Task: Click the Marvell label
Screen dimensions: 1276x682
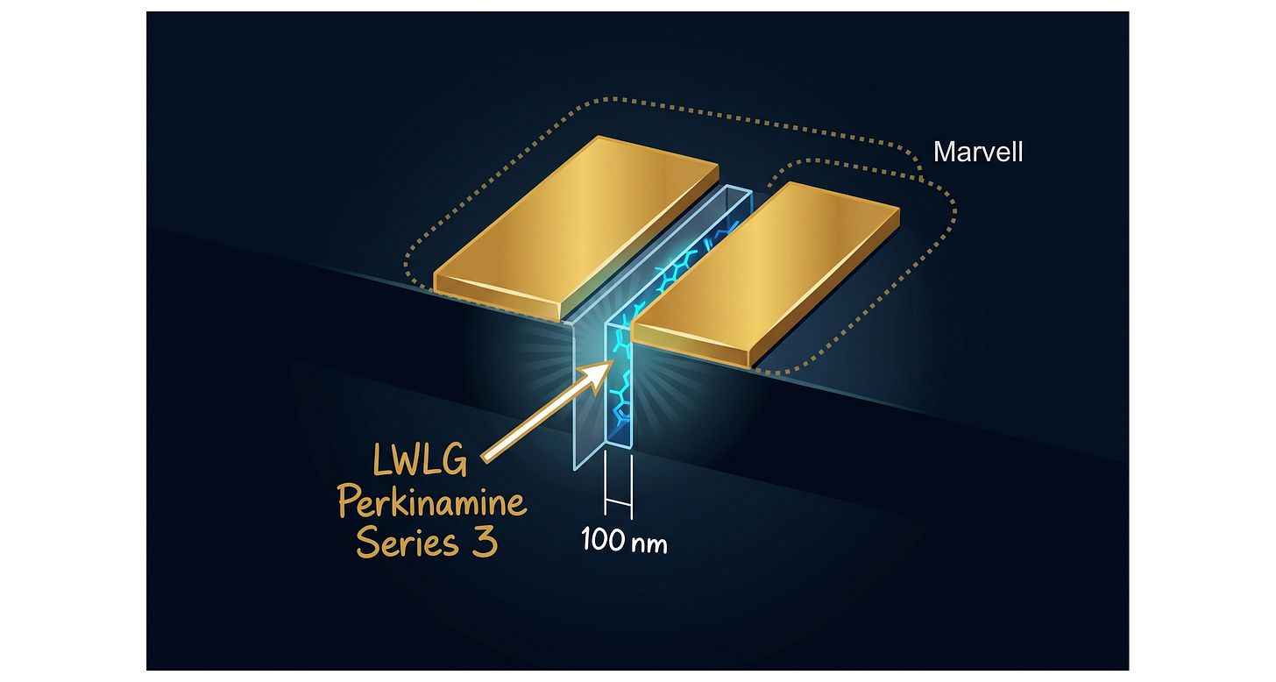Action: click(x=977, y=153)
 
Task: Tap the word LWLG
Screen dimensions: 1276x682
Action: click(x=420, y=461)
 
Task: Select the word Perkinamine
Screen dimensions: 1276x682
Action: click(x=431, y=501)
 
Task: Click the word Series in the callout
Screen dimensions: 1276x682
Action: click(x=407, y=542)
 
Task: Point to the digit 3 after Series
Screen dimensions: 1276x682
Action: click(x=485, y=541)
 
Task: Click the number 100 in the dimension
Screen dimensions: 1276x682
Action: click(x=603, y=539)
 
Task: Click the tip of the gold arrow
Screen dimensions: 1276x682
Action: click(x=613, y=361)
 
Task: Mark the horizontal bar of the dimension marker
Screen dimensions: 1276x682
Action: click(x=619, y=502)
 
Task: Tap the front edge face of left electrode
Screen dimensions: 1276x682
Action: click(x=497, y=297)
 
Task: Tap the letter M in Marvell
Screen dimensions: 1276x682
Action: click(x=944, y=153)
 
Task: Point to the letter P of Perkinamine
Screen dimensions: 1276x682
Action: click(x=348, y=501)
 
